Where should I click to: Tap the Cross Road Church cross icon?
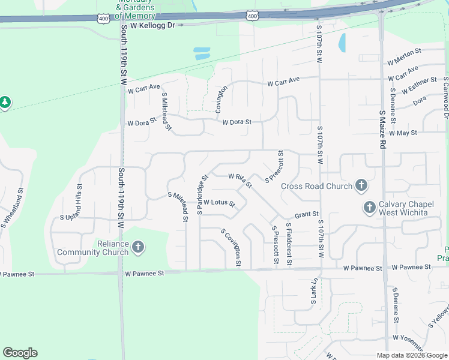point(361,185)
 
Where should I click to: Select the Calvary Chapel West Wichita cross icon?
point(369,208)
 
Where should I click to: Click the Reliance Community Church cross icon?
point(138,247)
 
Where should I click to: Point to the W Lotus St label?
point(219,203)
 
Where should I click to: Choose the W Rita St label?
point(238,178)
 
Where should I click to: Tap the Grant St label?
point(306,214)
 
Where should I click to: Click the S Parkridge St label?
point(202,194)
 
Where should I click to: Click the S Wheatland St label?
point(12,208)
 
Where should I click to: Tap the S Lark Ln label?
point(313,293)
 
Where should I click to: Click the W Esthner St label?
point(419,85)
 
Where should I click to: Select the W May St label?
point(403,133)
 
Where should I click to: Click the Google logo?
point(20,353)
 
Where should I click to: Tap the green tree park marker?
point(5,103)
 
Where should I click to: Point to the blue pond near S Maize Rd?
point(342,42)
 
